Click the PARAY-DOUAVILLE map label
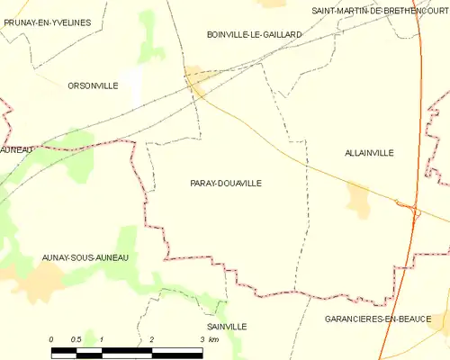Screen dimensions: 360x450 pyautogui.click(x=226, y=183)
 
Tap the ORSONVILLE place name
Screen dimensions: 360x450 pyautogui.click(x=93, y=85)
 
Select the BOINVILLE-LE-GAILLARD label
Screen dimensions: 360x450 pyautogui.click(x=254, y=34)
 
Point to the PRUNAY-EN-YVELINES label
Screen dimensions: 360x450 pyautogui.click(x=47, y=22)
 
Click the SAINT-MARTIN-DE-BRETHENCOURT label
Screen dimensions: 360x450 pyautogui.click(x=379, y=10)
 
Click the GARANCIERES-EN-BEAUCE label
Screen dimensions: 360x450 pyautogui.click(x=390, y=319)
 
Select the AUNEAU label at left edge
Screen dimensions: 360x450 pyautogui.click(x=17, y=148)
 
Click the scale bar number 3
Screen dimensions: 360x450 pyautogui.click(x=202, y=338)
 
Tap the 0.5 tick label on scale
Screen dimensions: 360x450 pyautogui.click(x=76, y=338)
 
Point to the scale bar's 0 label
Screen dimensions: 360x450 pyautogui.click(x=51, y=338)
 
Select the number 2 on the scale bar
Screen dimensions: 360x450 pyautogui.click(x=152, y=338)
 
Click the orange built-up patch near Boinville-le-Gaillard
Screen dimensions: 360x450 pyautogui.click(x=197, y=81)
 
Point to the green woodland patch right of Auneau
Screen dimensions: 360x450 pyautogui.click(x=76, y=141)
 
